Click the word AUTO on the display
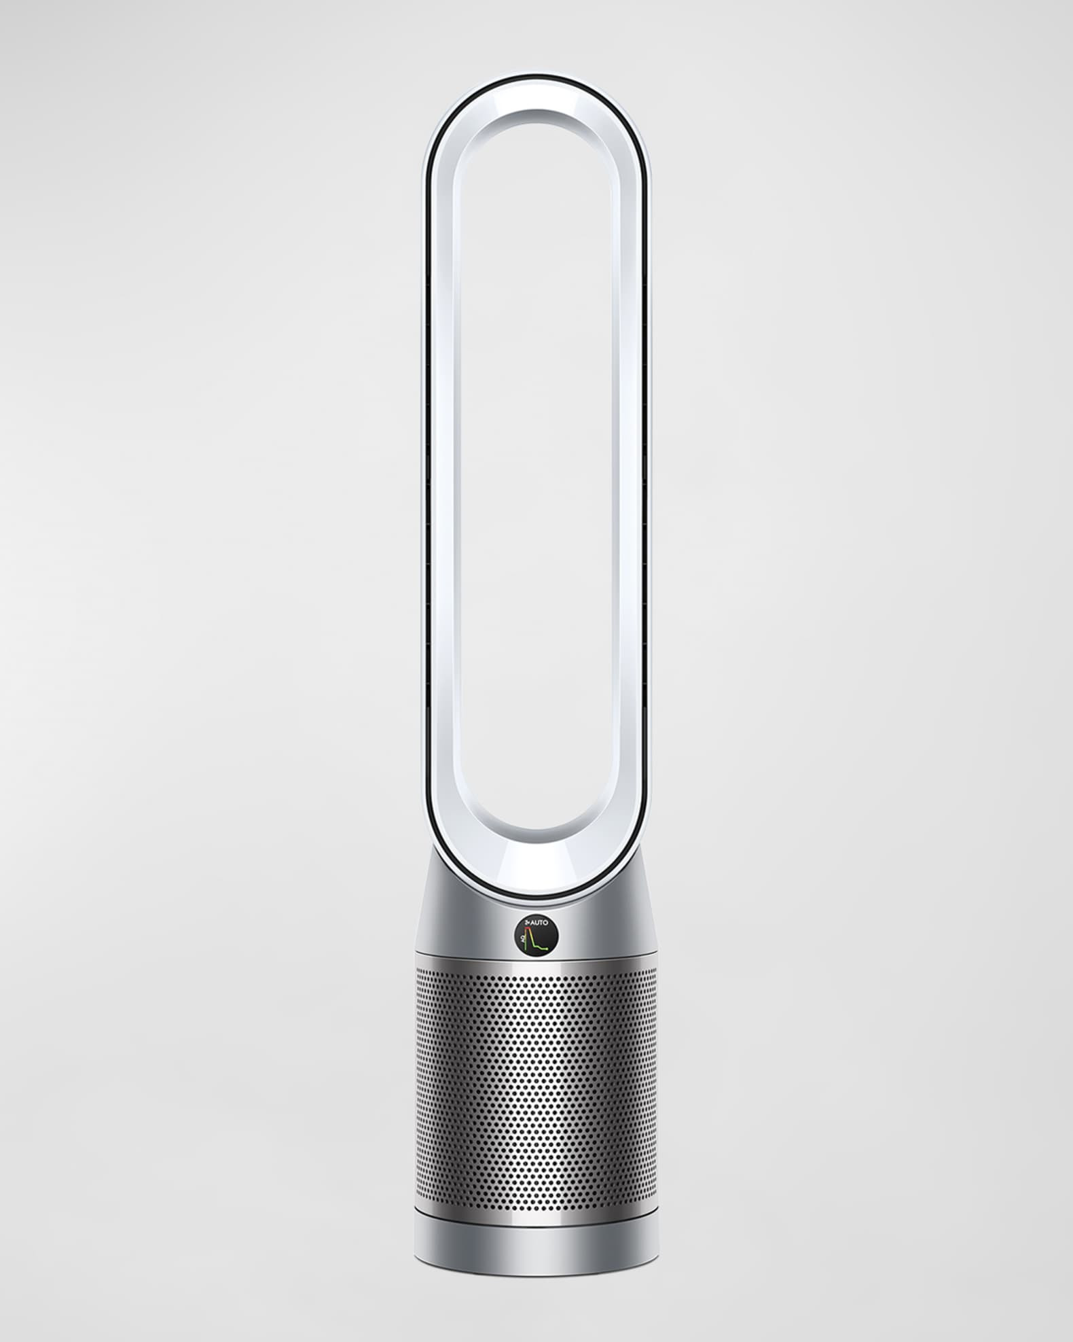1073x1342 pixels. coord(540,923)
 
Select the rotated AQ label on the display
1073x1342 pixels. coord(523,938)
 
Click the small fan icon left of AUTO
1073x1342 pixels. coord(526,921)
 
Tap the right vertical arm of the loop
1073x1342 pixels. coord(633,476)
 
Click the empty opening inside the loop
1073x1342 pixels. coord(536,476)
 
